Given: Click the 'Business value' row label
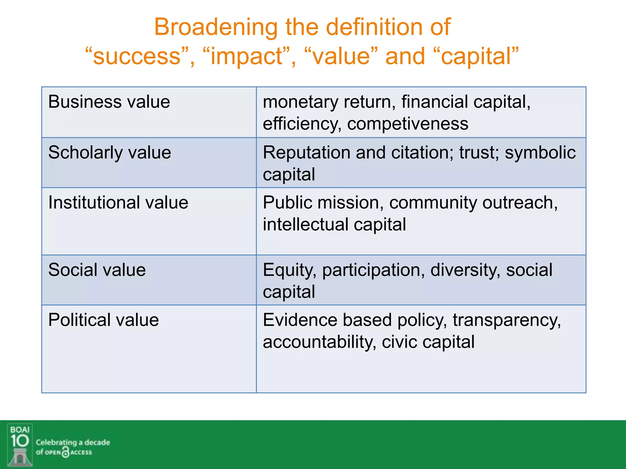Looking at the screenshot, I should pos(109,102).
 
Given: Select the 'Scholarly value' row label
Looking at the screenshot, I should pos(109,152).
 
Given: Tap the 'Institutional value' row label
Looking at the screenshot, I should pos(118,202).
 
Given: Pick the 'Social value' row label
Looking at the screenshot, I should pos(97,270).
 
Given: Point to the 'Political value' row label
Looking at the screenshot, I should pos(103,320).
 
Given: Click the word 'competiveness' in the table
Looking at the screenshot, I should pos(407,124).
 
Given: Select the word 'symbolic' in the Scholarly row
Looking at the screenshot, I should pos(540,152).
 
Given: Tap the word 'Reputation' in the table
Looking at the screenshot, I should pos(307,152).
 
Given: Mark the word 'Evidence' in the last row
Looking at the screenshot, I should pos(300,320).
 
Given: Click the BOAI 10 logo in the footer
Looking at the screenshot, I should pos(20,445).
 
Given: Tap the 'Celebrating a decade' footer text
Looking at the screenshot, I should pos(73,442).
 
